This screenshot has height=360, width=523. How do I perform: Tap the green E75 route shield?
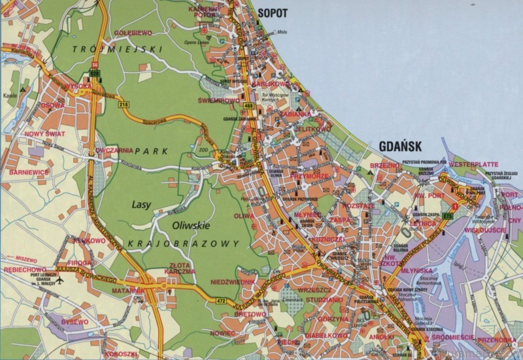[447, 216]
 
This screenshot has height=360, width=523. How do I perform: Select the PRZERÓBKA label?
[495, 340]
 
